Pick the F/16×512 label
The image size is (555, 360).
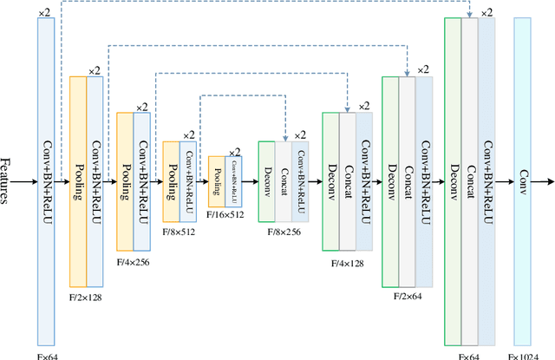[226, 213]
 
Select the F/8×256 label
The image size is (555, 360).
[283, 232]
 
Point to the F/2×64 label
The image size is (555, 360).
[408, 296]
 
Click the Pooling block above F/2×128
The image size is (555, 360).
[78, 181]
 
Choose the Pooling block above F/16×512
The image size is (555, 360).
[217, 181]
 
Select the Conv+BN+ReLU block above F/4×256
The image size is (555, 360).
[140, 181]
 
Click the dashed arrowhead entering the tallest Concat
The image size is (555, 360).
[469, 15]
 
